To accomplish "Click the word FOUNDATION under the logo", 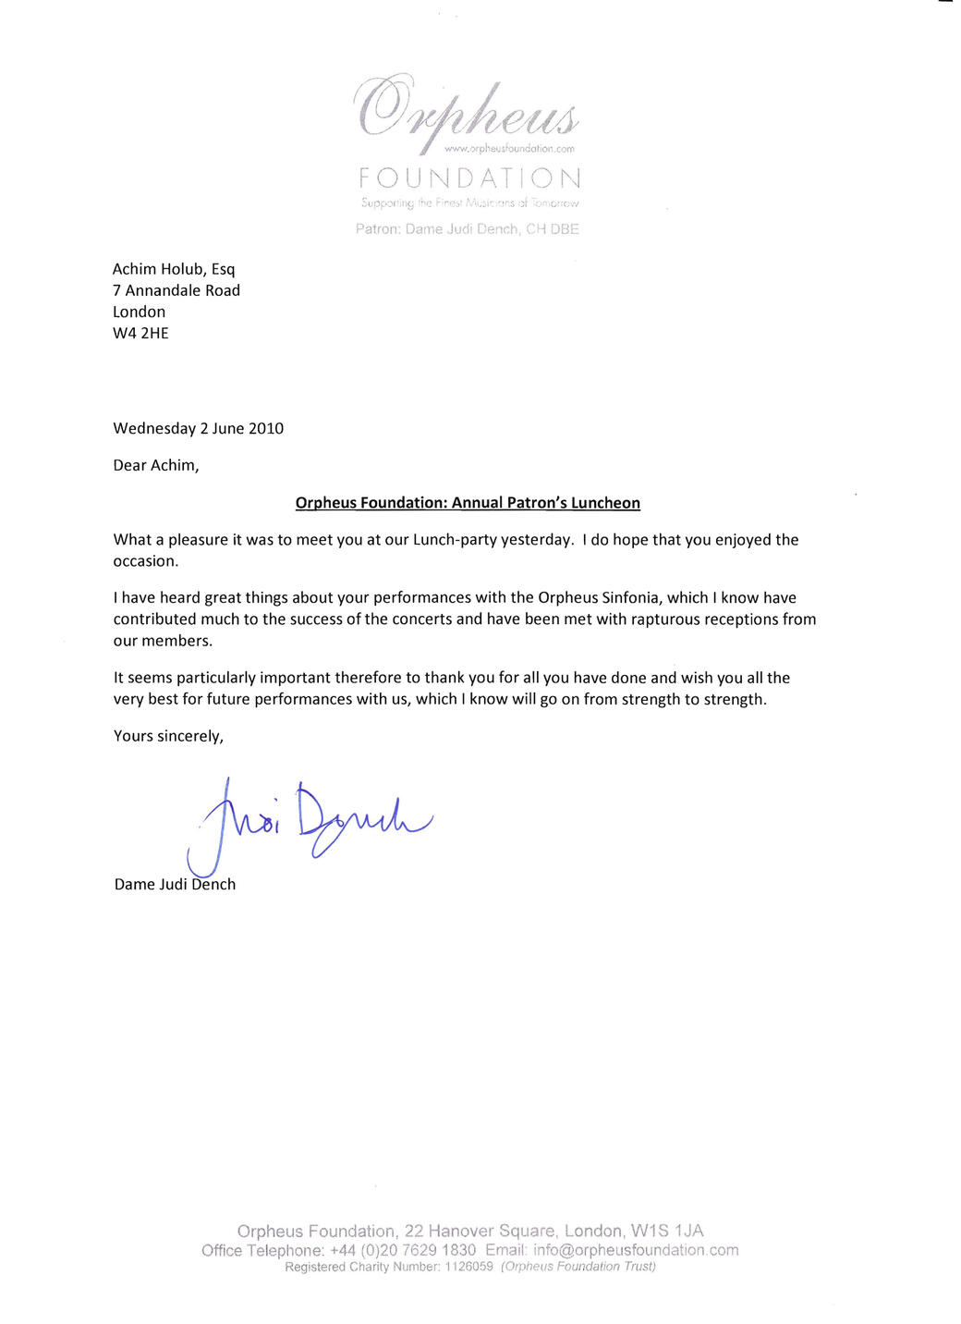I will click(469, 178).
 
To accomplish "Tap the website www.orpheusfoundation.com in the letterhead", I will click(509, 149).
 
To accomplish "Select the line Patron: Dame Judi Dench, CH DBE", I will click(467, 229).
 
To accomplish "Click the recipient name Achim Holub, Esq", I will click(174, 269).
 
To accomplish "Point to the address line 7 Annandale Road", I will click(176, 290).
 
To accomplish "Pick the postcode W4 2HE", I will click(140, 333).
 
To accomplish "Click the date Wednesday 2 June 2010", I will click(198, 428).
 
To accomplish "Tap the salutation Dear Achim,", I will click(156, 465).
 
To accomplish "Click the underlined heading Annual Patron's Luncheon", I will click(545, 503).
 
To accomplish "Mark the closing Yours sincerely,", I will click(168, 736).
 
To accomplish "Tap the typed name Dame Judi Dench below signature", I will click(175, 884).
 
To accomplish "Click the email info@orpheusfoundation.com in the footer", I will click(636, 1250).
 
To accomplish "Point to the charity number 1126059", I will click(468, 1267).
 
